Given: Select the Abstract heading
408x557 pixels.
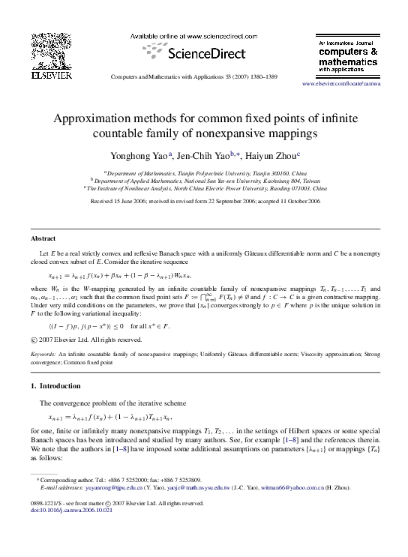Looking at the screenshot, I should (x=43, y=238).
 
